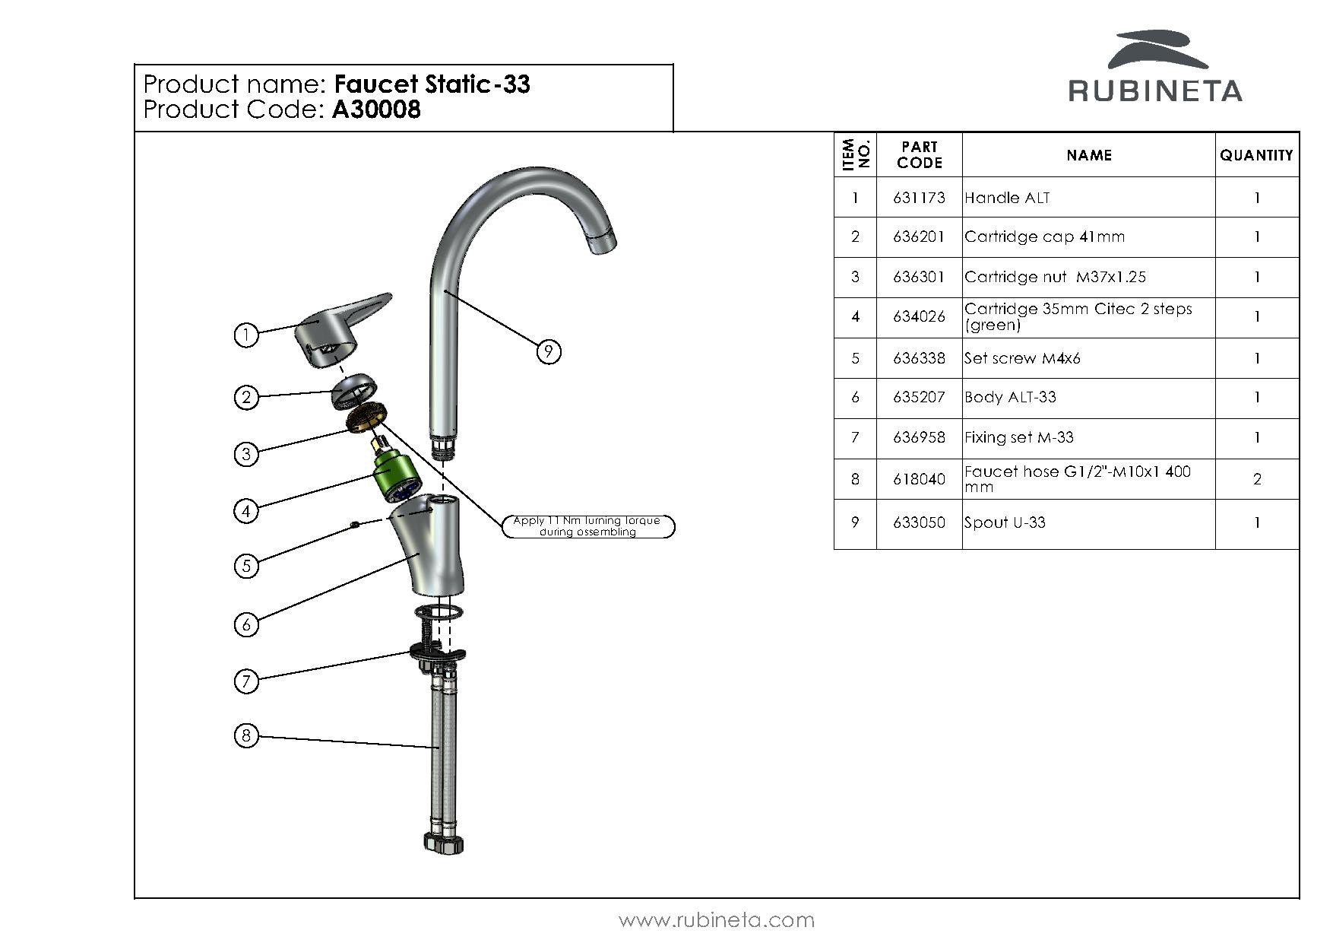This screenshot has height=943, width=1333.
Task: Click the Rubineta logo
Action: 1155,68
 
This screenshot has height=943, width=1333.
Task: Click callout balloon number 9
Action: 548,351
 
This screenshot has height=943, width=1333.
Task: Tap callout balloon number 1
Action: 245,335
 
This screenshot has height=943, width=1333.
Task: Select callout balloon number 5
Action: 245,566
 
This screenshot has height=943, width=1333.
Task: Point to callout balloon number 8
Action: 245,735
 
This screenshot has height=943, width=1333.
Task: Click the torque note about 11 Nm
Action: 587,526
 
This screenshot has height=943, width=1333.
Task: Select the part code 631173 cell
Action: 919,198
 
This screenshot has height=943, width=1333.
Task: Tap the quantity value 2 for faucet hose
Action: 1257,479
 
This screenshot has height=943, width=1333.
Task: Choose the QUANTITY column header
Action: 1256,155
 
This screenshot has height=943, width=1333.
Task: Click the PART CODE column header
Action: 919,155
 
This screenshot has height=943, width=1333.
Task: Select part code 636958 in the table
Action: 919,437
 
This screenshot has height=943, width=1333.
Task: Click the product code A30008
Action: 376,110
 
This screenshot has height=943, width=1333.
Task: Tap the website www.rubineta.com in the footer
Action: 717,920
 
